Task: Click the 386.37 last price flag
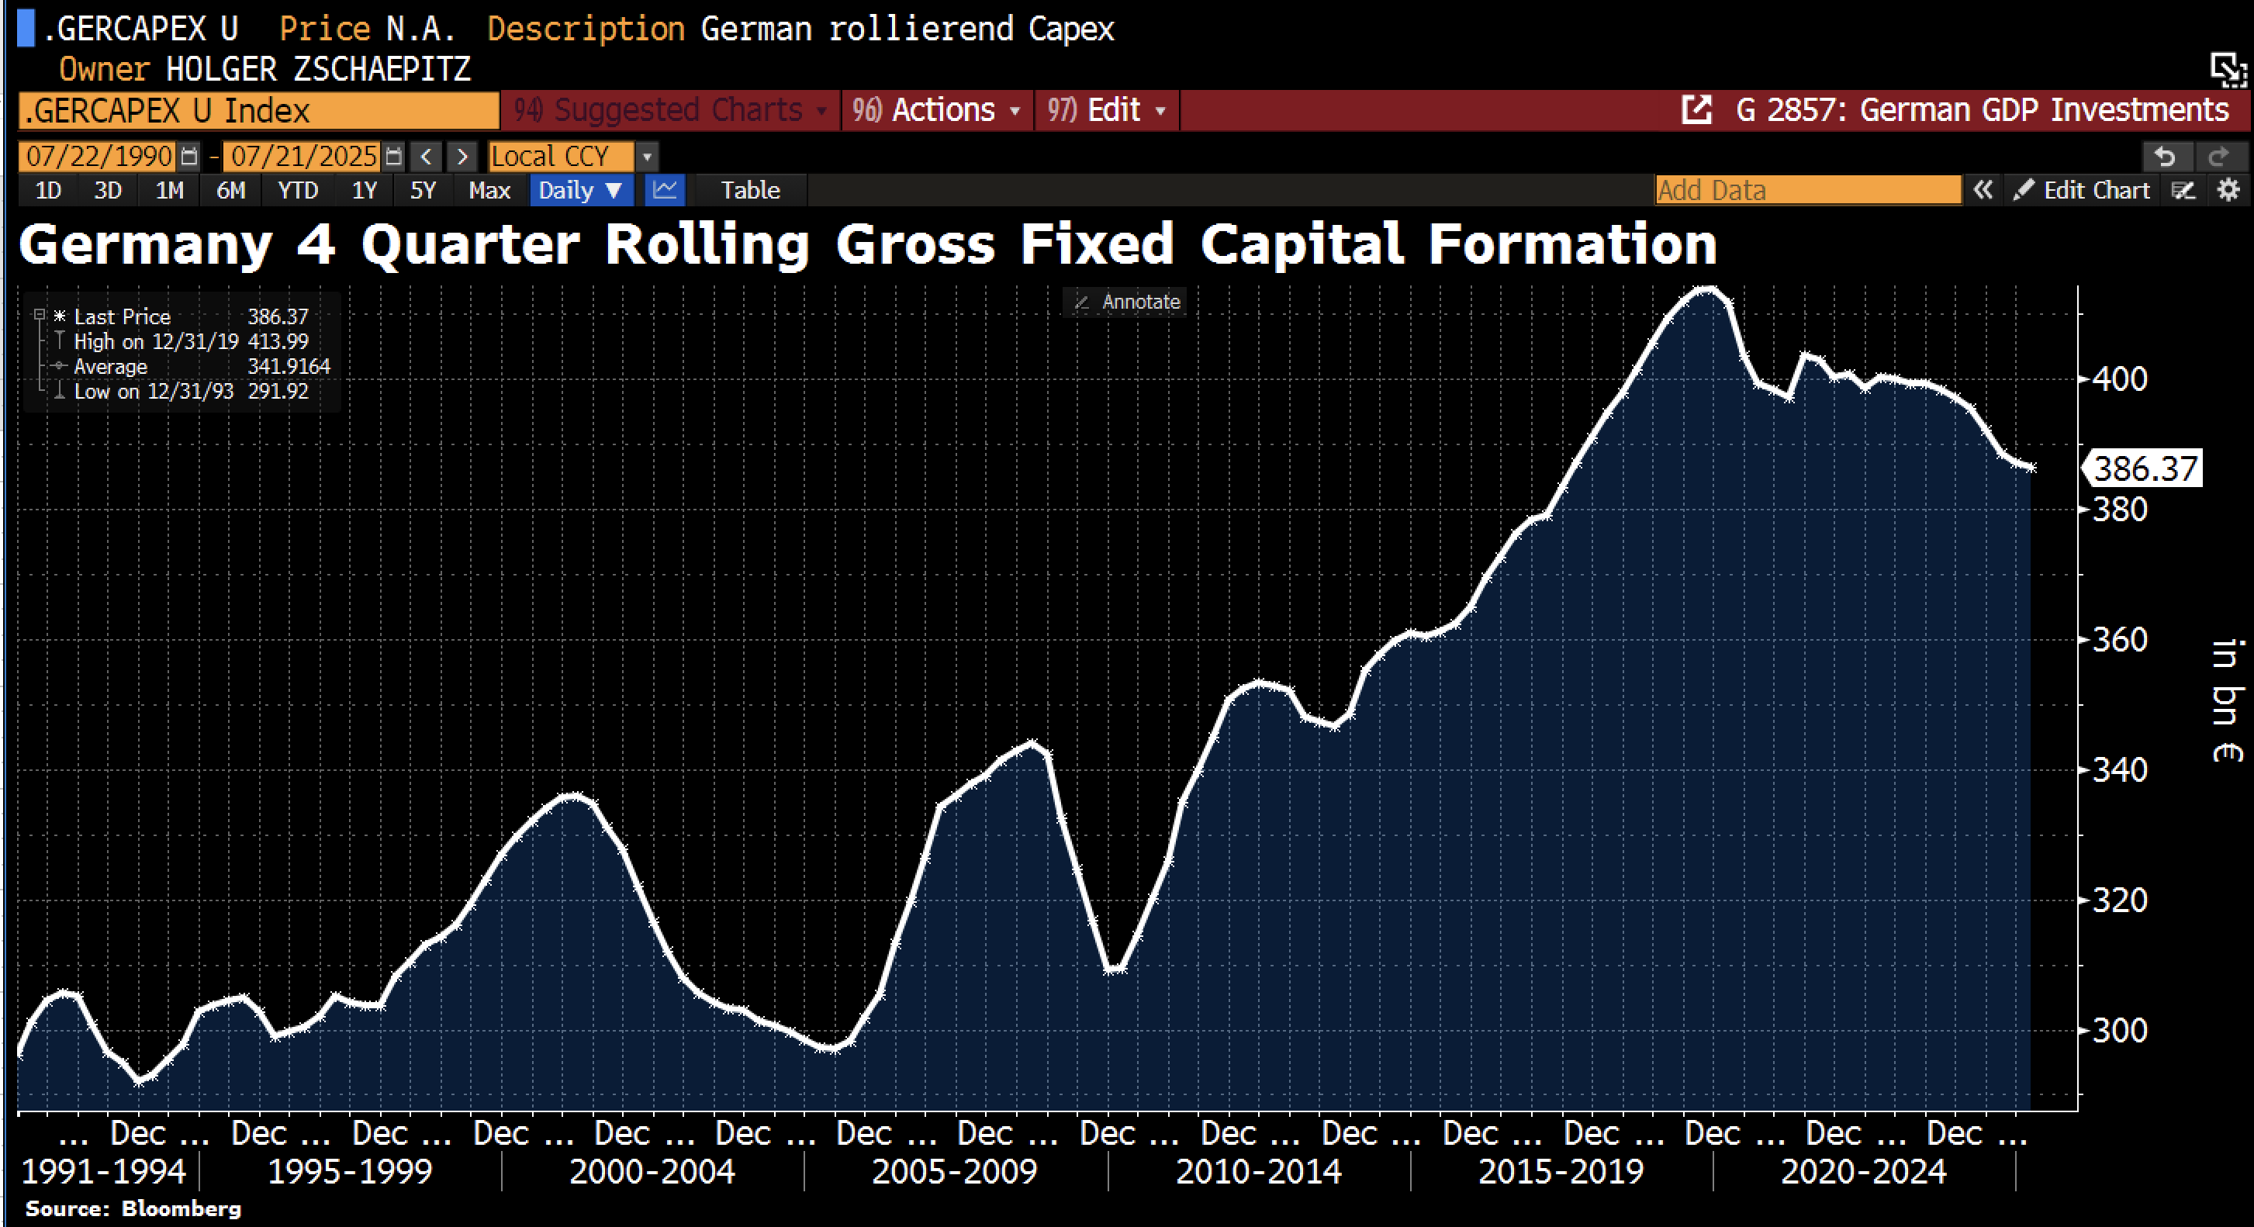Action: click(2145, 469)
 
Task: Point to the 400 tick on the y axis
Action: click(2119, 379)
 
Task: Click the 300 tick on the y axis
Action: click(2119, 1030)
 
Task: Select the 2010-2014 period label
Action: click(1258, 1171)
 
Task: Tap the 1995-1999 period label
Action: click(349, 1171)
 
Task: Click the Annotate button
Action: click(1129, 302)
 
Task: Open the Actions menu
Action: click(937, 110)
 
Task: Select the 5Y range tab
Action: click(423, 190)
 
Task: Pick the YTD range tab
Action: click(298, 190)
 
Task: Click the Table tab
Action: click(750, 190)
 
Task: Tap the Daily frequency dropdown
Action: click(580, 190)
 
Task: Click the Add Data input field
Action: click(1807, 190)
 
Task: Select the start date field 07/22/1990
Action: click(99, 157)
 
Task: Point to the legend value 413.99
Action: click(278, 341)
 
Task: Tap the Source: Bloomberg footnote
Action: click(133, 1208)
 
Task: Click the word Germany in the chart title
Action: click(145, 244)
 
